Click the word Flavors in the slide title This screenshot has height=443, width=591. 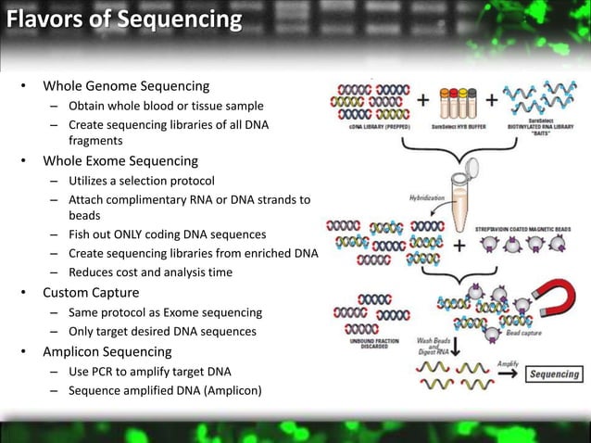click(x=41, y=19)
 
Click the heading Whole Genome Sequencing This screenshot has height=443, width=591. click(x=126, y=86)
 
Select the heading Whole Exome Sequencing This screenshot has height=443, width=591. click(x=120, y=160)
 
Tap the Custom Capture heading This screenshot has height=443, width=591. click(x=91, y=293)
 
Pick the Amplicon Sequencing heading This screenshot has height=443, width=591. click(x=107, y=351)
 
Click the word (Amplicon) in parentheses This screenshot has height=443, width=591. click(x=229, y=390)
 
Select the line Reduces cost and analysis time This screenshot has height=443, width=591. click(x=150, y=272)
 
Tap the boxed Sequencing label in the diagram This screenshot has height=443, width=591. click(x=554, y=374)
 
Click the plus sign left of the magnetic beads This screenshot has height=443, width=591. click(x=459, y=245)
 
